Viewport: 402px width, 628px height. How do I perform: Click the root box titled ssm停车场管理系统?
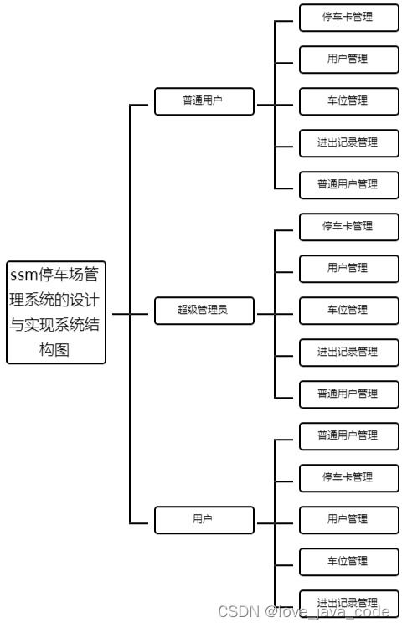click(56, 312)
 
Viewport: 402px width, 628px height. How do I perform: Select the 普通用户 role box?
click(204, 101)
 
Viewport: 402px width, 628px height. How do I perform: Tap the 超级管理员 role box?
click(204, 311)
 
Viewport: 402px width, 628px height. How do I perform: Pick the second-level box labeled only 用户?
click(204, 520)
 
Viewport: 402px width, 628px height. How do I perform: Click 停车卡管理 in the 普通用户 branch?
click(349, 18)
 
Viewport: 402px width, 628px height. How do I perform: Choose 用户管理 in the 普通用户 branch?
click(349, 59)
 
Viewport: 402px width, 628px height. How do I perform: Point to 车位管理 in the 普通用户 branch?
click(349, 101)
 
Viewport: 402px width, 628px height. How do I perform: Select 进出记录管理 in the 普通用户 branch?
click(349, 143)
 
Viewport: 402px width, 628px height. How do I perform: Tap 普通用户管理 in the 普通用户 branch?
click(349, 185)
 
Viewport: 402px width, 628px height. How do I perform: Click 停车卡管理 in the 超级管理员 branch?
click(349, 227)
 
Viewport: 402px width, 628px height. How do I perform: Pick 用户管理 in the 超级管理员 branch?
click(349, 269)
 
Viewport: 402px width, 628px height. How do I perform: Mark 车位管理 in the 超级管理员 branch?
click(349, 311)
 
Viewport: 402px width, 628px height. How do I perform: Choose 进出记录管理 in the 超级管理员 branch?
click(349, 353)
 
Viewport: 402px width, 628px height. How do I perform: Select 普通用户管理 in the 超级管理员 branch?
click(349, 394)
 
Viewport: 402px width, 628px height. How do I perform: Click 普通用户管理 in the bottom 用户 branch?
click(349, 436)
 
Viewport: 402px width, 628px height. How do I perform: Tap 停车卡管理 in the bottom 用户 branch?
click(349, 478)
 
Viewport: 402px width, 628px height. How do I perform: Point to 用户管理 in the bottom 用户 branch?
click(349, 520)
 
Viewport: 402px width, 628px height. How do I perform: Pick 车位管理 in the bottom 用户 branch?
click(349, 562)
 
